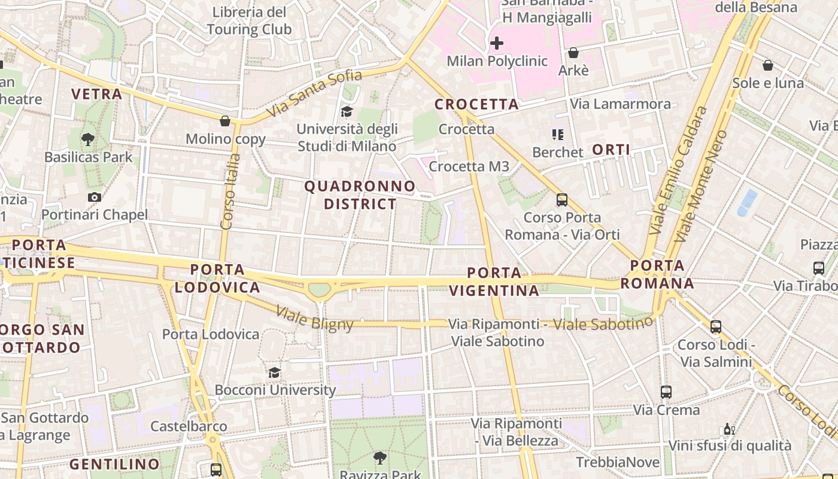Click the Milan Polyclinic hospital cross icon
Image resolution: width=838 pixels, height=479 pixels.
pyautogui.click(x=496, y=43)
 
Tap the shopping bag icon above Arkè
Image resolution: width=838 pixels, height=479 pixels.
pyautogui.click(x=573, y=53)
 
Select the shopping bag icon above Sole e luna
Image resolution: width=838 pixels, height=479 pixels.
pyautogui.click(x=768, y=65)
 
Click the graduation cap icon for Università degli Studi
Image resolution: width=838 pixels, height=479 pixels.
pyautogui.click(x=347, y=111)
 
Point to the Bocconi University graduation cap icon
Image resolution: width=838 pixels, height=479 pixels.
pyautogui.click(x=274, y=372)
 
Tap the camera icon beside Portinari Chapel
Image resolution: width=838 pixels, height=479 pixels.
pyautogui.click(x=94, y=197)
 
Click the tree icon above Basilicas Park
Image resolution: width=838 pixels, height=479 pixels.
pyautogui.click(x=88, y=140)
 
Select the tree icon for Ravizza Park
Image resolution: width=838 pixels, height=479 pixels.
pyautogui.click(x=379, y=458)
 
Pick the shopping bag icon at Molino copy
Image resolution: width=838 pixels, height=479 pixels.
pyautogui.click(x=225, y=121)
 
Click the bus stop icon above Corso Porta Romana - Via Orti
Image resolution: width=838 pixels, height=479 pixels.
pyautogui.click(x=561, y=200)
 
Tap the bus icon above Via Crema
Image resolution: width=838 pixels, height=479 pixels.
pyautogui.click(x=666, y=392)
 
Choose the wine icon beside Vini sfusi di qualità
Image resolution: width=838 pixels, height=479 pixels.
pyautogui.click(x=729, y=429)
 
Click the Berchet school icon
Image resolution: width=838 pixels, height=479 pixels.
pyautogui.click(x=558, y=135)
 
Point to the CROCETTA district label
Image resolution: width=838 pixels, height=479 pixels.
pyautogui.click(x=476, y=104)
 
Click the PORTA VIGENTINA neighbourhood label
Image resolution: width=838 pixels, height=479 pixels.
pyautogui.click(x=494, y=282)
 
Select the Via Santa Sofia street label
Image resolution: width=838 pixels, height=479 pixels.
pyautogui.click(x=315, y=94)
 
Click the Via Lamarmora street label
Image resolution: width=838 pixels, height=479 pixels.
pyautogui.click(x=620, y=104)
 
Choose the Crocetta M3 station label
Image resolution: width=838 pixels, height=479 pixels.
pyautogui.click(x=469, y=166)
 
